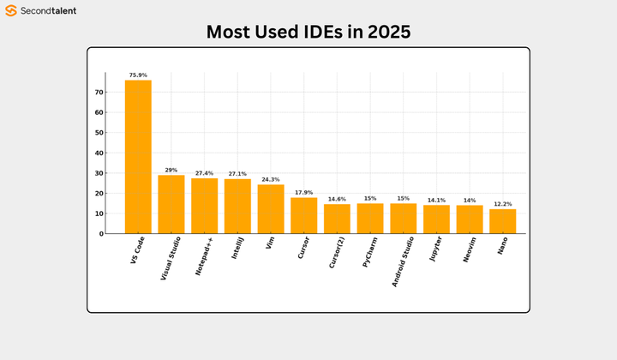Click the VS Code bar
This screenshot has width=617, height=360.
point(138,157)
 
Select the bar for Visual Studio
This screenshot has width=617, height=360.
point(171,204)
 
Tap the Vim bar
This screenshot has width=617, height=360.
point(271,209)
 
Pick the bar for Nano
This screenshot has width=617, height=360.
point(502,221)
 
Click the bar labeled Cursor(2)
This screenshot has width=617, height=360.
point(337,219)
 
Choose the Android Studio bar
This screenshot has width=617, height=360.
point(403,219)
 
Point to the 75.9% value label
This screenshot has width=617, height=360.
point(138,75)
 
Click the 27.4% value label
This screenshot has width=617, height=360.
point(204,173)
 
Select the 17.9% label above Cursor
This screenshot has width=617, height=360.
point(303,192)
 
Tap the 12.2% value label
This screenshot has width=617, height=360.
point(502,204)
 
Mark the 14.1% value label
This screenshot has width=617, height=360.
point(436,200)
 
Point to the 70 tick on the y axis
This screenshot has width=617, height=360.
point(99,93)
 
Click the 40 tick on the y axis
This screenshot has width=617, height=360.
point(99,153)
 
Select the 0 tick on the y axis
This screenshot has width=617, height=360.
point(100,234)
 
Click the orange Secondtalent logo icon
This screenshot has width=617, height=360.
point(12,11)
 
